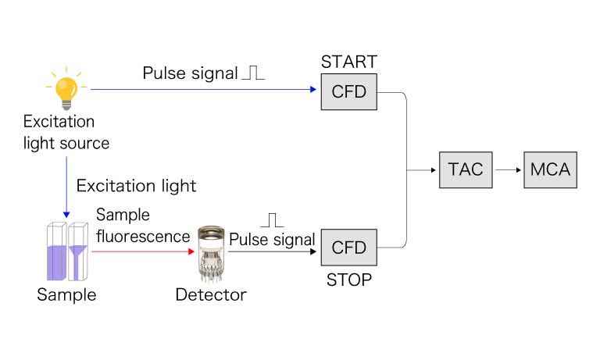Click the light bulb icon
click(x=66, y=88)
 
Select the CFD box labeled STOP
click(x=349, y=248)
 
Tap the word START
click(x=349, y=62)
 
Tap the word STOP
click(x=349, y=280)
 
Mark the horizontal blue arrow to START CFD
click(x=203, y=89)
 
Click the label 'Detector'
click(x=210, y=294)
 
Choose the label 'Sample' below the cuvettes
click(x=66, y=294)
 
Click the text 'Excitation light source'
click(x=66, y=133)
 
